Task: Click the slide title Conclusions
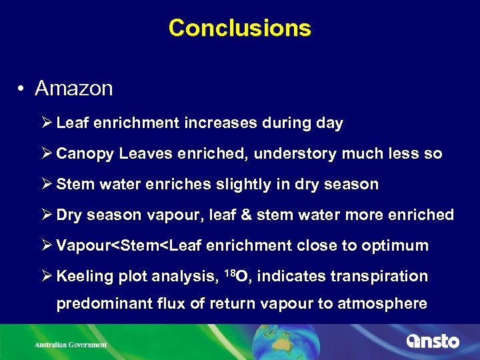(240, 28)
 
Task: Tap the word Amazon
(74, 88)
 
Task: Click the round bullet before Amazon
(22, 89)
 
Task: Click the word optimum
(395, 246)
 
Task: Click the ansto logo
(433, 341)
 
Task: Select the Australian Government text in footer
(71, 345)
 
